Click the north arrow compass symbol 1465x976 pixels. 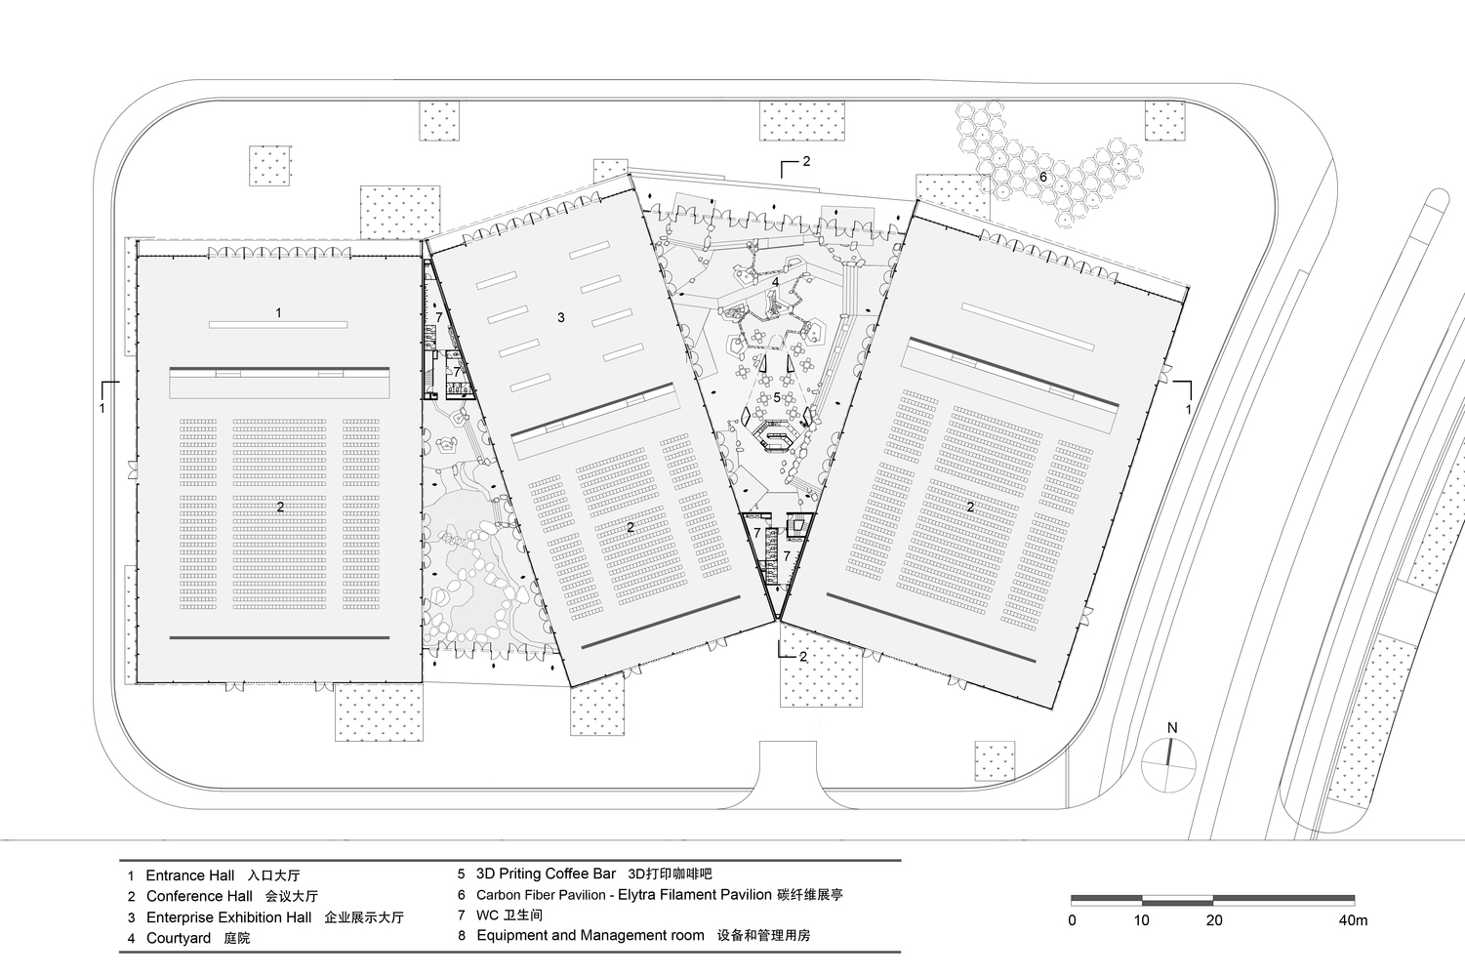pos(1168,763)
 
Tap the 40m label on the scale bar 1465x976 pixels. pos(1353,920)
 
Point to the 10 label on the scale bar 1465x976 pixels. pos(1141,920)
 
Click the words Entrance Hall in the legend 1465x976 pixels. pos(189,875)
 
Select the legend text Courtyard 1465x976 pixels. pos(179,938)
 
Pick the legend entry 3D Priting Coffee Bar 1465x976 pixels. pos(547,874)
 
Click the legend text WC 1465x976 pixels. pos(487,915)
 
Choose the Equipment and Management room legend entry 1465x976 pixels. pos(590,935)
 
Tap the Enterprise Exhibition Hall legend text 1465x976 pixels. pos(229,917)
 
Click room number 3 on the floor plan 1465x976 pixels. pos(560,317)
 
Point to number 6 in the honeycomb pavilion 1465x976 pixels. pos(1043,177)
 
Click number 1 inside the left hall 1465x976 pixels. pos(278,313)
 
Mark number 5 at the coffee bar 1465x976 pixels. pos(777,397)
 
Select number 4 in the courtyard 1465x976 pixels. pos(775,282)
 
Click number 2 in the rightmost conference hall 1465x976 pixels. pos(970,507)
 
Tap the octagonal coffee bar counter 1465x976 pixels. pos(772,434)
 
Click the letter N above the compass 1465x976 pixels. pos(1172,727)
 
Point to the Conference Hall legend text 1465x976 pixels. pos(199,896)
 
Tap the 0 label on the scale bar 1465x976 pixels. pos(1072,920)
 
